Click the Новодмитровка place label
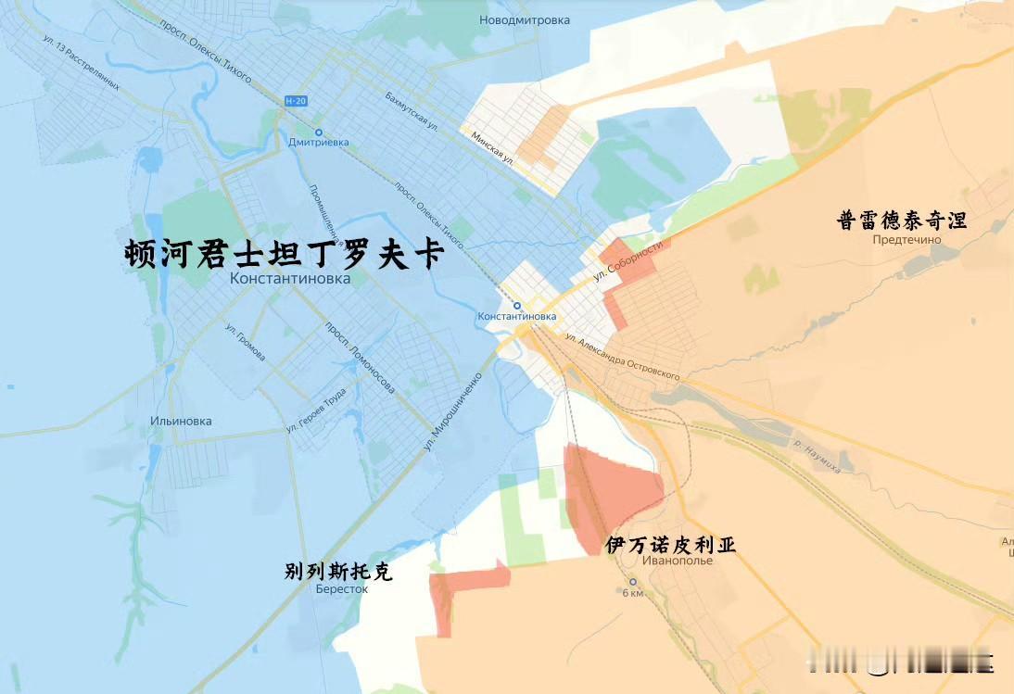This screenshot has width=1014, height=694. pyautogui.click(x=525, y=19)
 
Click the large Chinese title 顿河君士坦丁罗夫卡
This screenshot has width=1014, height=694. pyautogui.click(x=285, y=255)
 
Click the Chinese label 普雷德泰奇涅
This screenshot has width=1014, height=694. pyautogui.click(x=902, y=221)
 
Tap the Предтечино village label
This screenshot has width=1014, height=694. pyautogui.click(x=906, y=240)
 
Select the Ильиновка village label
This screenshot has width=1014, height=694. pyautogui.click(x=181, y=421)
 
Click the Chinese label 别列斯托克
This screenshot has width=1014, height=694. pyautogui.click(x=338, y=572)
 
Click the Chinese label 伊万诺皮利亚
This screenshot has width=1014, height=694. pyautogui.click(x=671, y=545)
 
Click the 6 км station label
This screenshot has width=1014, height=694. pyautogui.click(x=632, y=593)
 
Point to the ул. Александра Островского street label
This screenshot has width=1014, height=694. pyautogui.click(x=622, y=356)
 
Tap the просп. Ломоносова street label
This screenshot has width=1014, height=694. pyautogui.click(x=361, y=357)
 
